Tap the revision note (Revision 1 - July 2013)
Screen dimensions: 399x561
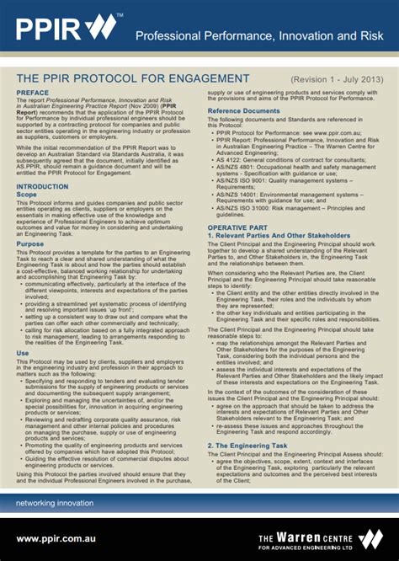coord(337,79)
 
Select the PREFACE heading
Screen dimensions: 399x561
coord(33,93)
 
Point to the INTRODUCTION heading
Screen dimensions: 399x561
coord(43,186)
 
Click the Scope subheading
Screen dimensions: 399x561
coord(27,195)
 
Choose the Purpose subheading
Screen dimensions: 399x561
coord(30,243)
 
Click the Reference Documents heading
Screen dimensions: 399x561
coord(244,111)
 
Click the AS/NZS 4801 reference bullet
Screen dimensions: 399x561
coord(295,170)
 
